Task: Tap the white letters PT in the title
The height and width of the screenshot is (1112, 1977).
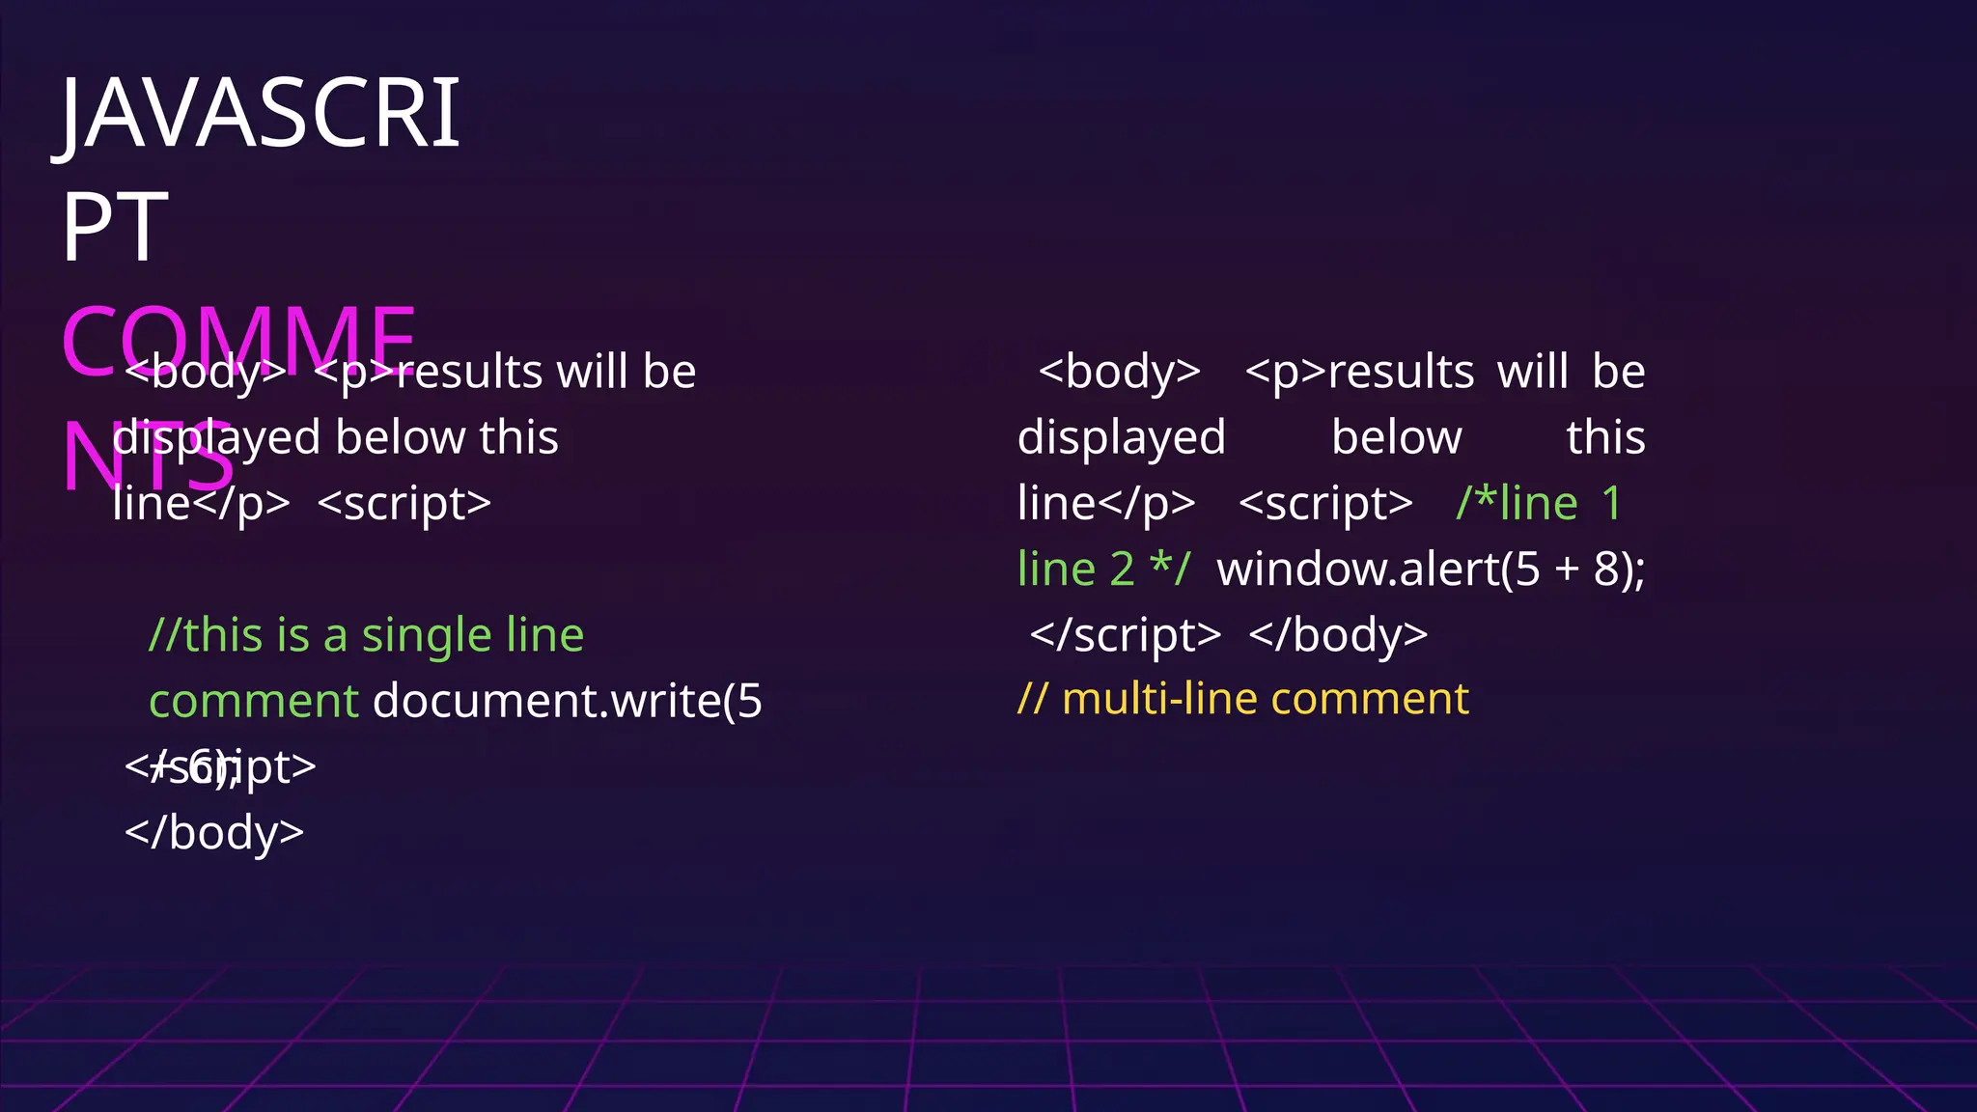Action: point(115,228)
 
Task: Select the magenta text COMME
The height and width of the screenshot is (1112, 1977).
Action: point(238,340)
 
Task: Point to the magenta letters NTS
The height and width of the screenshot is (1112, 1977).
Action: point(148,458)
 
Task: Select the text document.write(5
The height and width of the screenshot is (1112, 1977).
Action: point(568,701)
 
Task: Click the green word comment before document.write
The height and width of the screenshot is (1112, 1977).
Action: point(254,701)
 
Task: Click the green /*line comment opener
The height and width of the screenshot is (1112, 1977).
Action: point(1517,503)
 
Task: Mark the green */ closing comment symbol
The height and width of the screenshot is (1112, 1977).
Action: point(1170,569)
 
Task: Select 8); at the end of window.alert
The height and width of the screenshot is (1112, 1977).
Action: point(1619,569)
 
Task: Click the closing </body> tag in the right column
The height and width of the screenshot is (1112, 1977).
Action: point(1338,635)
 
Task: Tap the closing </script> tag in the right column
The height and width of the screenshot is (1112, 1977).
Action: point(1126,635)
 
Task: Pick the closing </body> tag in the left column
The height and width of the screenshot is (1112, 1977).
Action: point(214,832)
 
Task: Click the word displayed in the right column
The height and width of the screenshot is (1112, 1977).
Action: point(1122,438)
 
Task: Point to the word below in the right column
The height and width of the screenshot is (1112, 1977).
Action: point(1396,438)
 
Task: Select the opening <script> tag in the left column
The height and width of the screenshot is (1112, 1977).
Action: point(404,503)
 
